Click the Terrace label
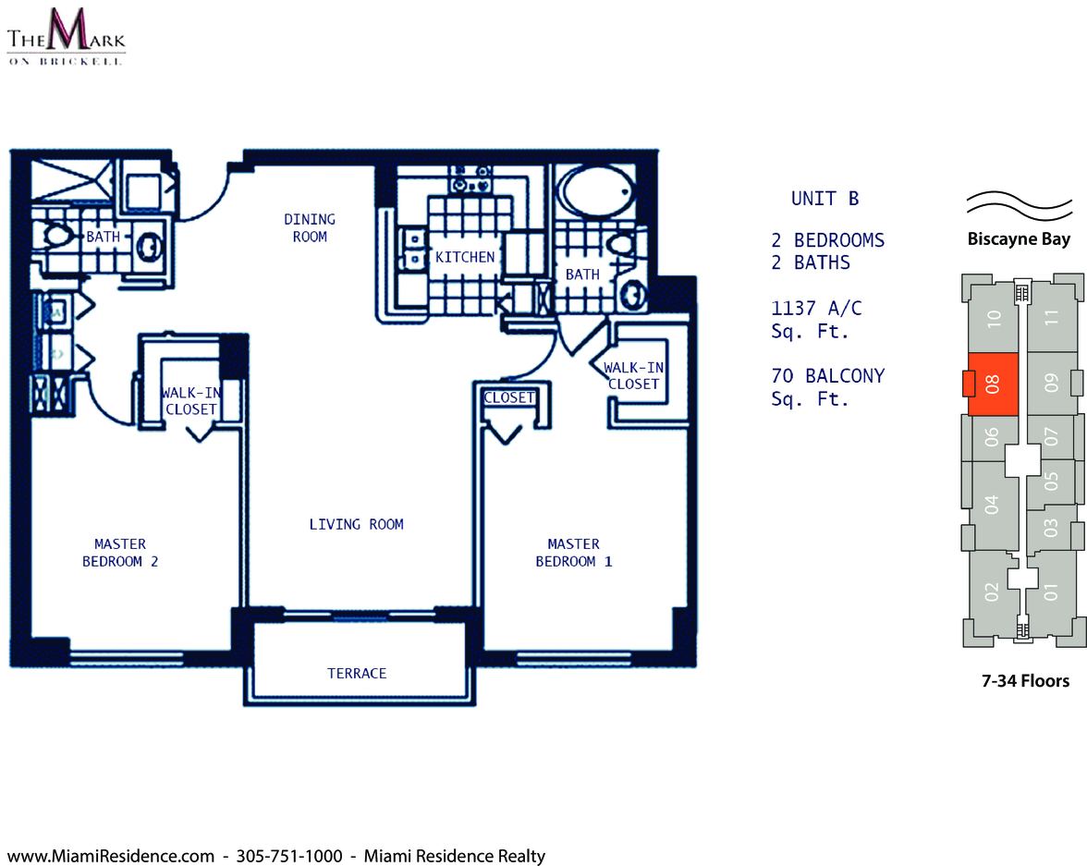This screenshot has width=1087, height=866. pos(357,673)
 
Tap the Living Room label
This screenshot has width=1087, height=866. pos(357,524)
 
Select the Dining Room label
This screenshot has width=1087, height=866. pos(310,228)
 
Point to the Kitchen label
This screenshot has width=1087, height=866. pos(465,257)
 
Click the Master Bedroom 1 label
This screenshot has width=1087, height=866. pos(574,553)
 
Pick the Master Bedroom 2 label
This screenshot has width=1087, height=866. pos(120,553)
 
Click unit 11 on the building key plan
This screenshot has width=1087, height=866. pos(1052,317)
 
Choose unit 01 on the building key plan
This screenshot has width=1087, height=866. pos(1052,592)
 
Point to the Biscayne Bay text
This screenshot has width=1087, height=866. pos(1019,239)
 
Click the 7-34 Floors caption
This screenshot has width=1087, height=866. pos(1025,681)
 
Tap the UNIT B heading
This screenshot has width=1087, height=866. pos(824,199)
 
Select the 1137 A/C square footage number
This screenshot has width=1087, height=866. pos(817,308)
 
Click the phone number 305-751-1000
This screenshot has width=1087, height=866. pos(289,856)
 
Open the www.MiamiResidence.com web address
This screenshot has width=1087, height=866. pos(110,856)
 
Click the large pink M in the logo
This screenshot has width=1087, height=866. pos(66,30)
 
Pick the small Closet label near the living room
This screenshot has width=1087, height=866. pos(509,397)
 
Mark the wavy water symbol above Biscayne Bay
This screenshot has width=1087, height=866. pos(1019,206)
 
